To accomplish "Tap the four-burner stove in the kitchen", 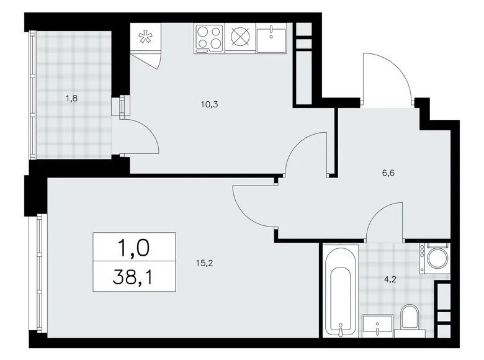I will (209, 38).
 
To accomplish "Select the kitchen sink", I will (271, 38).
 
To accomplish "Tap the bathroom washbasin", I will (377, 325).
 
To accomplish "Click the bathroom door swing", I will (385, 223).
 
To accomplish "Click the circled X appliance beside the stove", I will (240, 38).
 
